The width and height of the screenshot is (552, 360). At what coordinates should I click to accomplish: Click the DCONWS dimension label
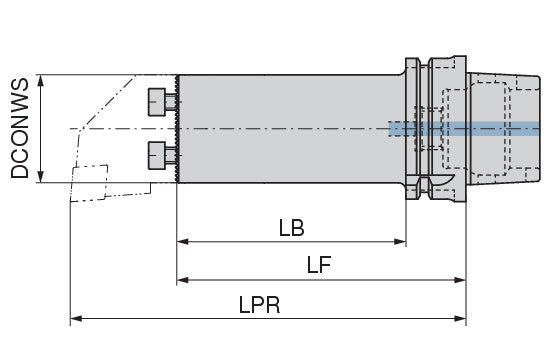coord(20,128)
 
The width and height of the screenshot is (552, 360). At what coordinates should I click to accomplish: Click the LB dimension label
coord(291,228)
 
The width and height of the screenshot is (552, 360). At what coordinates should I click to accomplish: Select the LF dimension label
coord(319,265)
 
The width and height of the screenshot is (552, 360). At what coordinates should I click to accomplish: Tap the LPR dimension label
coord(259,305)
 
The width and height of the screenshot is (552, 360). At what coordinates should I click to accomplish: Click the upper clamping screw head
coord(157,102)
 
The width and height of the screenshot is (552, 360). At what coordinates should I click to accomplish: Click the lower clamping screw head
coord(157,155)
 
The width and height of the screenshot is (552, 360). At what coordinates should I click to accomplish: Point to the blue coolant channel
coord(464,129)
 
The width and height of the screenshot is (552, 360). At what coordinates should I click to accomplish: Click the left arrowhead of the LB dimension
coord(182,242)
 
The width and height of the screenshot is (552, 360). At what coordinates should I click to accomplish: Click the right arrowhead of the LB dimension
coord(400,242)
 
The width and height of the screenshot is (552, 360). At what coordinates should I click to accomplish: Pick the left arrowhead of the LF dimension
coord(182,280)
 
